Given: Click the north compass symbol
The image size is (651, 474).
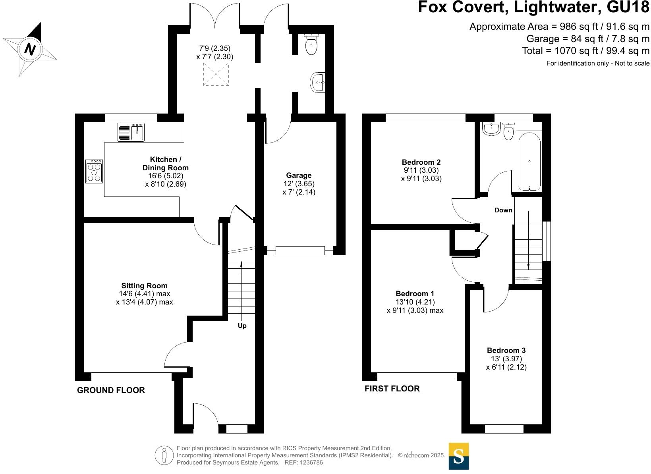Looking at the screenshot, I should (x=30, y=49).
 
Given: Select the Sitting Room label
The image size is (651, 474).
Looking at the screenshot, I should (x=144, y=286).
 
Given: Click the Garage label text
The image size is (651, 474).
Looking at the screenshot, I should (x=299, y=175).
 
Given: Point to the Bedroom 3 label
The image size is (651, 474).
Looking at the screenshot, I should (x=506, y=351).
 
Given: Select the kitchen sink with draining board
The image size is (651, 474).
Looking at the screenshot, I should (x=131, y=132).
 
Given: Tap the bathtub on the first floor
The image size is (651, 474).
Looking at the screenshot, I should (x=529, y=162).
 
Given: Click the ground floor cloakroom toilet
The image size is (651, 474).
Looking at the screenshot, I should (x=312, y=44).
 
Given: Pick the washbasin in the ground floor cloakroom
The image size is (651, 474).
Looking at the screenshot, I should (x=318, y=83).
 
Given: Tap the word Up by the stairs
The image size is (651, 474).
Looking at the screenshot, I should (x=242, y=326).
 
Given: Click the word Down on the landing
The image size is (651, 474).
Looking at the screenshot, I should (x=503, y=210).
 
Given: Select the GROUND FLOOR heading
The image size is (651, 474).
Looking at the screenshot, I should (x=111, y=390).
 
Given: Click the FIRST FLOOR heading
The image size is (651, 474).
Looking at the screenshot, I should (x=392, y=389).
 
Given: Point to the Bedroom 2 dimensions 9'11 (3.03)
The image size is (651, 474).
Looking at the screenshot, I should (x=421, y=170).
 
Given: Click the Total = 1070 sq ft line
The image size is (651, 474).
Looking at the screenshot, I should (x=585, y=51).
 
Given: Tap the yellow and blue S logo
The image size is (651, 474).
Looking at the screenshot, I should (x=459, y=456).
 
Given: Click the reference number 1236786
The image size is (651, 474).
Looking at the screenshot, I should (x=311, y=462).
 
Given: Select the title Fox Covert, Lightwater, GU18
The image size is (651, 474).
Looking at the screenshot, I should (x=533, y=8).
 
